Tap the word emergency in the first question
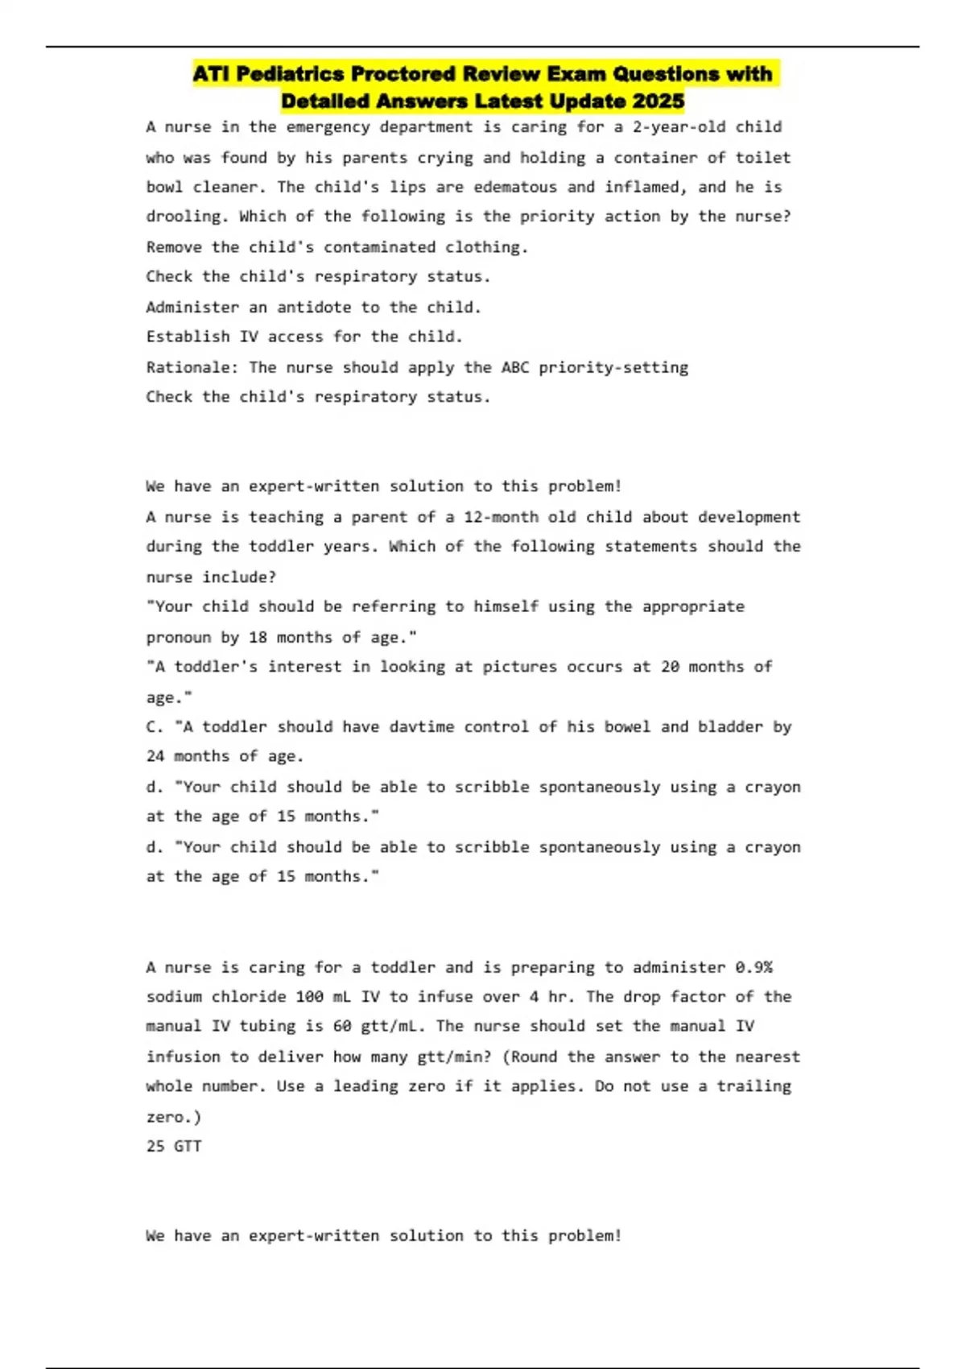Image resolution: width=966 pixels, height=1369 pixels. click(328, 127)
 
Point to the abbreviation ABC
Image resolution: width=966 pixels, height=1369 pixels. click(515, 367)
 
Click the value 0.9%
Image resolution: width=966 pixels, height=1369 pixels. click(753, 967)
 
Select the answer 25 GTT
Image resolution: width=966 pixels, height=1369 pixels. click(174, 1146)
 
